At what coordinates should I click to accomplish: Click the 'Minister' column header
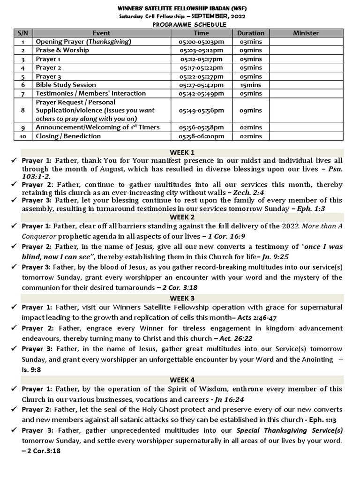click(306, 33)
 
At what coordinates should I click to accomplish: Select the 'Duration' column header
click(250, 33)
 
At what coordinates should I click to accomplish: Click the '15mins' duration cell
click(250, 85)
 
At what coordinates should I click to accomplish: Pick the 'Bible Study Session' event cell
click(66, 85)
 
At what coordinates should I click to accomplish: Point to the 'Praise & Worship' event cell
click(62, 50)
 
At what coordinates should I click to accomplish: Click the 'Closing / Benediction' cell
click(68, 136)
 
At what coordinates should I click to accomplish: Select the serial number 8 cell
click(22, 110)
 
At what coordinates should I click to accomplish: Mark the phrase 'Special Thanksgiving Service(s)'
click(289, 430)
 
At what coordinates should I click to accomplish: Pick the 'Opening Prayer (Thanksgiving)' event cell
click(83, 42)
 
